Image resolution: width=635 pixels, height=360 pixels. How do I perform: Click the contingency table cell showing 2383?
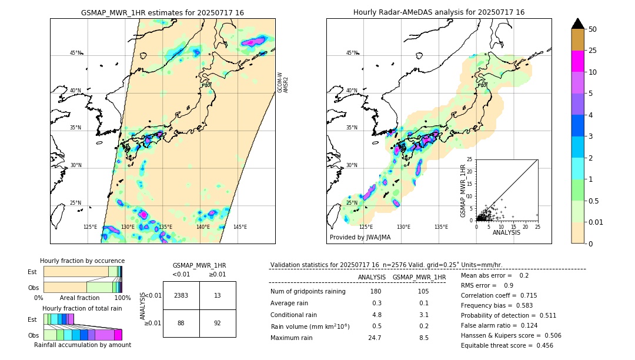pos(181,295)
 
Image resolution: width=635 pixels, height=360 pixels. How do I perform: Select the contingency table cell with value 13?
pos(218,295)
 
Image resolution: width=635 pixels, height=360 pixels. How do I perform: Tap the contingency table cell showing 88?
pos(181,323)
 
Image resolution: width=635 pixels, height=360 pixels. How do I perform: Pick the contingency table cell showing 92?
pos(218,323)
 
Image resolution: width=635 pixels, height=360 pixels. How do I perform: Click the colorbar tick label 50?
pos(593,29)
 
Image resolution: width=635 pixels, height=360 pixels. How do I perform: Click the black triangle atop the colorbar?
pos(578,24)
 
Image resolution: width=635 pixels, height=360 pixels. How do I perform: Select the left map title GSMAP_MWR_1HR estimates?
pos(162,12)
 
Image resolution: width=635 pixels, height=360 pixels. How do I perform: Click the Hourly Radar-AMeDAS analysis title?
pos(439,12)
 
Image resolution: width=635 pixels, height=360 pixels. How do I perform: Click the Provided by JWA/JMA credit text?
pos(360,237)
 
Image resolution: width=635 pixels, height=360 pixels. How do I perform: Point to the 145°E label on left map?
pos(240,227)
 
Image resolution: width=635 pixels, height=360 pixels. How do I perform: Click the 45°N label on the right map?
pos(351,53)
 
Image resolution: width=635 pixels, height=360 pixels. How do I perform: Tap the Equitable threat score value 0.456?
pos(541,345)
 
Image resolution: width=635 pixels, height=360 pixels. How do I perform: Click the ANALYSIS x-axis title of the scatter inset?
pos(506,232)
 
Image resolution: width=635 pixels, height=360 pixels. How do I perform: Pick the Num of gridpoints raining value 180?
pos(375,291)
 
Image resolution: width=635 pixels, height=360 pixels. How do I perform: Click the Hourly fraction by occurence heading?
pos(82,261)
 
